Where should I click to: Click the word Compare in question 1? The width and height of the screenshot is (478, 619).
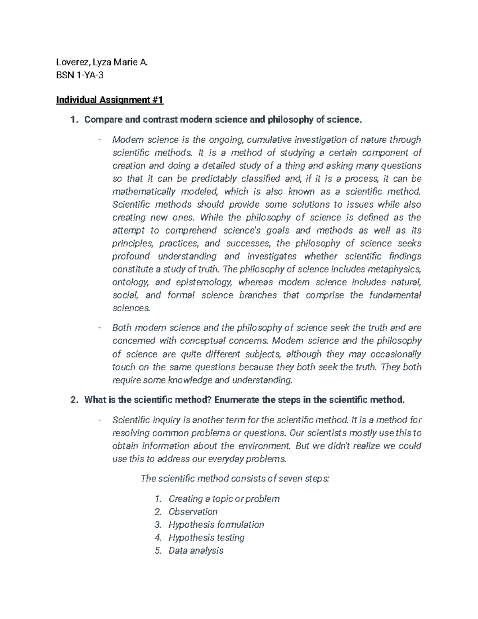(103, 120)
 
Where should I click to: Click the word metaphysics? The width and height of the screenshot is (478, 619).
(393, 269)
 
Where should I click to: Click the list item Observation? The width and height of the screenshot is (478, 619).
(193, 512)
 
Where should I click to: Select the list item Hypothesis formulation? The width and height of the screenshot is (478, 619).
(216, 525)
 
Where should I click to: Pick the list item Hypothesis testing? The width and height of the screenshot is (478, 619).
(206, 538)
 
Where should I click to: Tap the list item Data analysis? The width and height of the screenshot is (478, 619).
(196, 551)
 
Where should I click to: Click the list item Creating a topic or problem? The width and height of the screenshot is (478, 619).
(224, 499)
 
